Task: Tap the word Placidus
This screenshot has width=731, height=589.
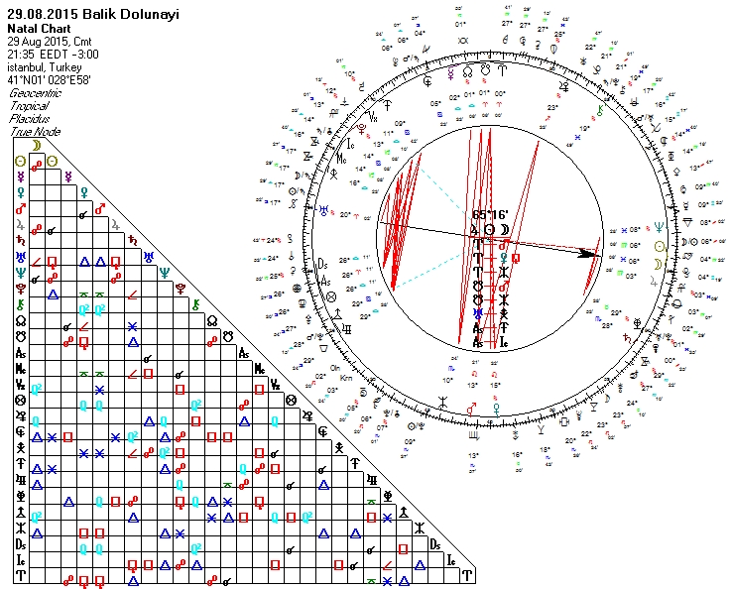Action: click(x=27, y=119)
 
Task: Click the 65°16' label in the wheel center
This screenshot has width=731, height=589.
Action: click(x=489, y=213)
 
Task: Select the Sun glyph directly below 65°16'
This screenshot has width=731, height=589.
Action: click(x=489, y=229)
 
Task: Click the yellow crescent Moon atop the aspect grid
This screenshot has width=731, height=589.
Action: click(x=36, y=145)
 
